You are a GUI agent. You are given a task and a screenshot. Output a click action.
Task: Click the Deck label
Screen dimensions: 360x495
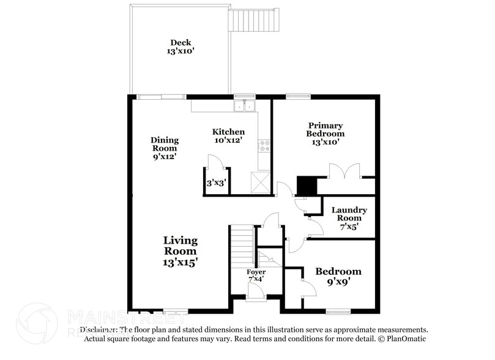pyautogui.click(x=180, y=47)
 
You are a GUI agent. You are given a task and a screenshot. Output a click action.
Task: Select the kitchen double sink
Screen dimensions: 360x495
pyautogui.click(x=245, y=107)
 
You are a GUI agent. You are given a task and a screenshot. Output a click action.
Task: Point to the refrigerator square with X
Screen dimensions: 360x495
pyautogui.click(x=259, y=182)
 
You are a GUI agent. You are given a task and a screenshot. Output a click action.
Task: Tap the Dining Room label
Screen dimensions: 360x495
pyautogui.click(x=165, y=148)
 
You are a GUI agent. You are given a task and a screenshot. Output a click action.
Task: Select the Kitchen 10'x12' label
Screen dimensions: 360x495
pyautogui.click(x=228, y=136)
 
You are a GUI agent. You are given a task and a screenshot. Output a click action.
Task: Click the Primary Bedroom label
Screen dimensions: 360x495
pyautogui.click(x=325, y=133)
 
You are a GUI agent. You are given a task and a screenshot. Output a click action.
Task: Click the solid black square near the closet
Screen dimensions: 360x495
pyautogui.click(x=305, y=185)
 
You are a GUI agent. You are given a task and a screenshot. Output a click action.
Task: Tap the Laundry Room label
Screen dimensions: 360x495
pyautogui.click(x=349, y=218)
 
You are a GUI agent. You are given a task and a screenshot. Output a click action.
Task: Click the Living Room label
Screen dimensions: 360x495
pyautogui.click(x=180, y=250)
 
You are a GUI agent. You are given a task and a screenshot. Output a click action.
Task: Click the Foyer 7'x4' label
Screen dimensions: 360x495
pyautogui.click(x=256, y=275)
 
